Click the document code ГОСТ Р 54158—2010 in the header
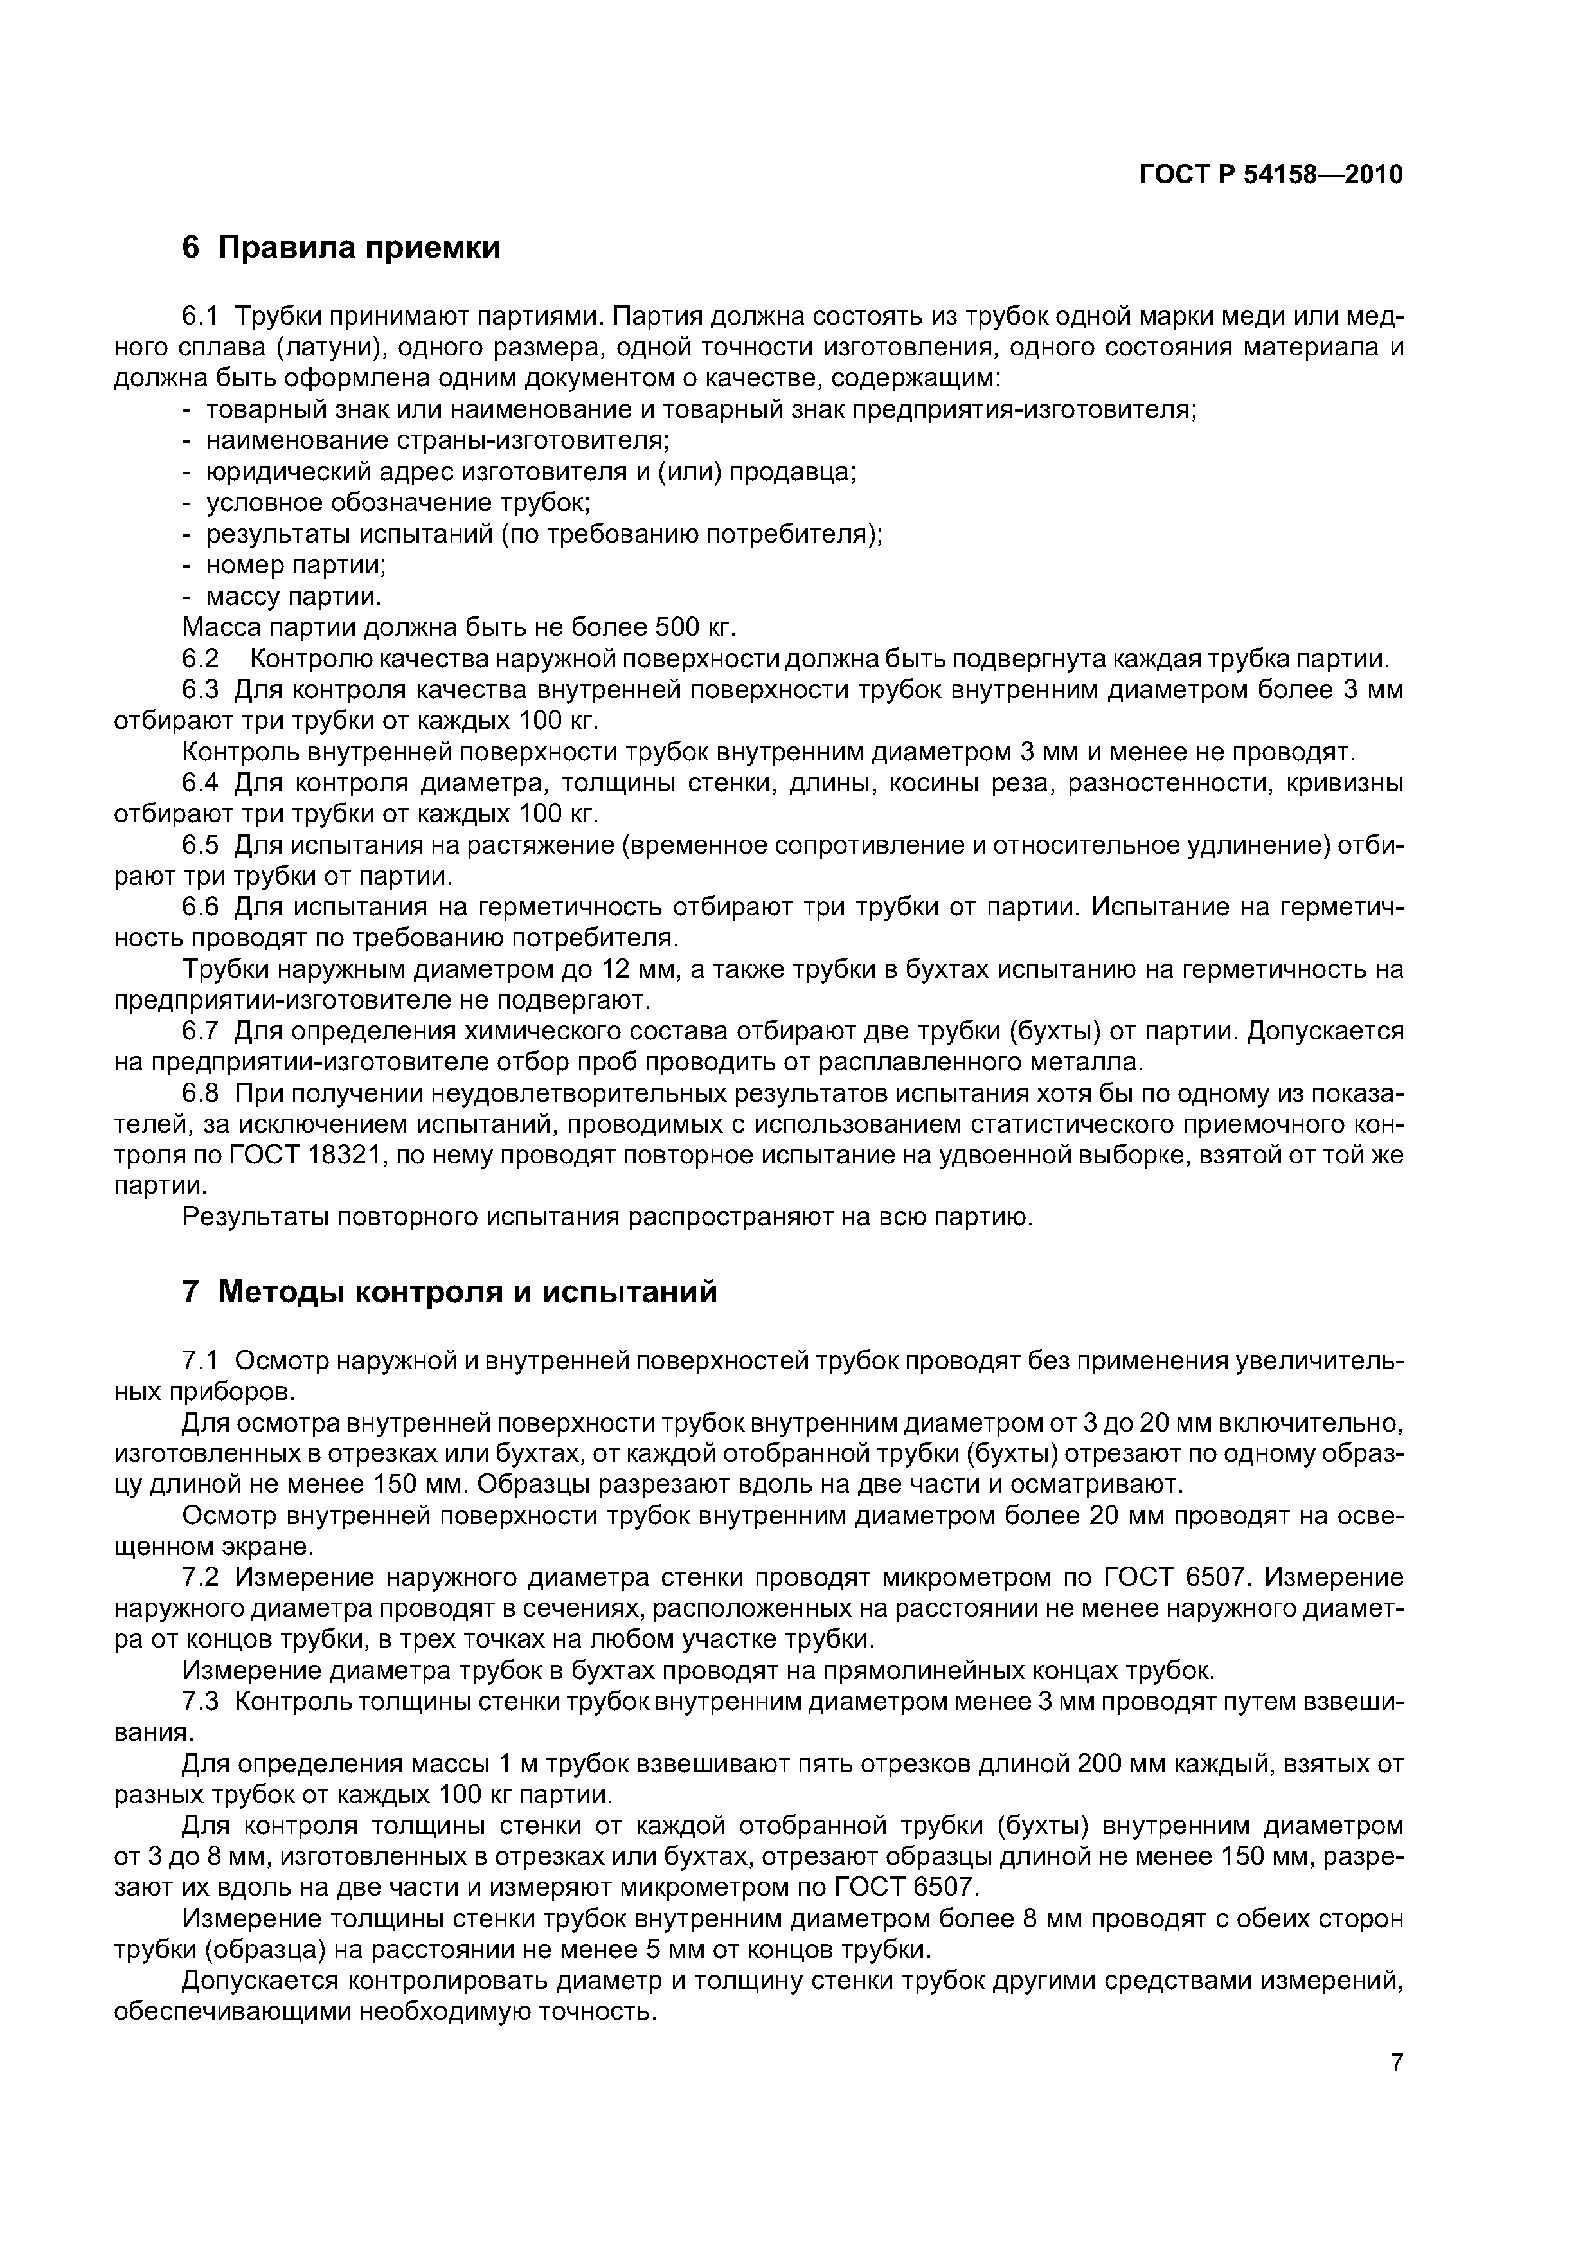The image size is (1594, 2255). tap(1270, 175)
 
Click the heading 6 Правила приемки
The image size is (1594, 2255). tap(341, 247)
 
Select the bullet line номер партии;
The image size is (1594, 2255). tap(296, 565)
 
